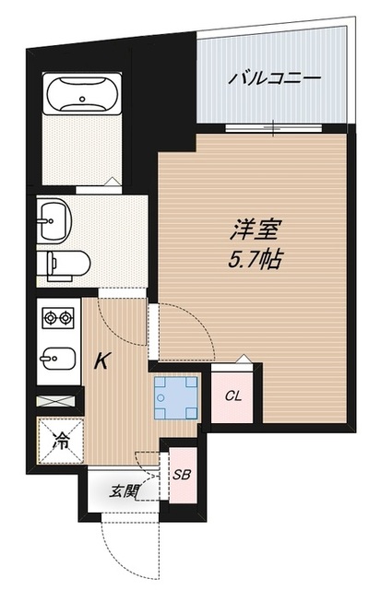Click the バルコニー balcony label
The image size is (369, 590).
[x=274, y=78]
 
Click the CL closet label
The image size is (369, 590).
[x=233, y=396]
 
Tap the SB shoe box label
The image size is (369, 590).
[x=182, y=476]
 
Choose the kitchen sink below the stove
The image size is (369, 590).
[x=58, y=356]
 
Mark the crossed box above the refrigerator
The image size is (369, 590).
[x=58, y=403]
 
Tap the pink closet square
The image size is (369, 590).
[x=233, y=397]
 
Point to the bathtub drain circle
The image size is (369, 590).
[x=82, y=95]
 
